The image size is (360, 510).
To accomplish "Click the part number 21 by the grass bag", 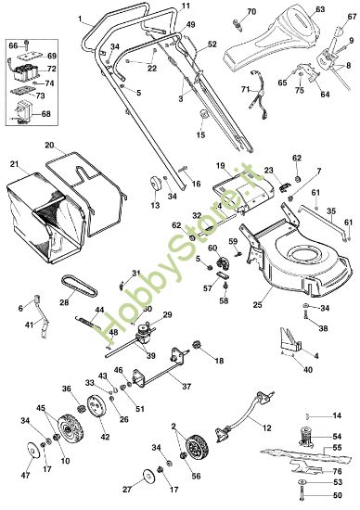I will pos(14,164).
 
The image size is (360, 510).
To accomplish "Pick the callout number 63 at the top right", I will pos(319,10).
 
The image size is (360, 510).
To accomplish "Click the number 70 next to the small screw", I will pos(251,12).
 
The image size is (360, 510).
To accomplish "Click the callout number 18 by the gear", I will pos(220,359).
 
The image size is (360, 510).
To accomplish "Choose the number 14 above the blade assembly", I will pos(337,414).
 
